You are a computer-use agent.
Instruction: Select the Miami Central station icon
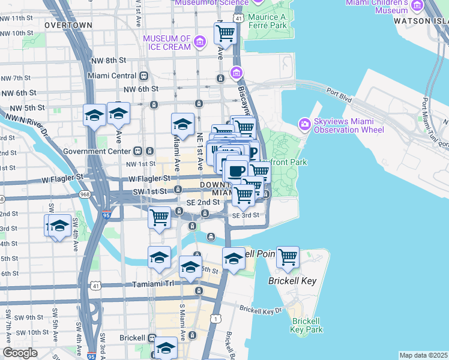(143, 76)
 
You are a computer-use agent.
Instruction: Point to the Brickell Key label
(292, 281)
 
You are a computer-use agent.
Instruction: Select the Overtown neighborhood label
(68, 25)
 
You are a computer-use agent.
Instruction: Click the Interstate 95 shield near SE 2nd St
(106, 214)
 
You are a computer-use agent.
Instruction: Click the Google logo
(20, 353)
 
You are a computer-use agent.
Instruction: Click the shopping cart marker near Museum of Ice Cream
(224, 32)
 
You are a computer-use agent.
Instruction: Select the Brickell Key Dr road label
(261, 310)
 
